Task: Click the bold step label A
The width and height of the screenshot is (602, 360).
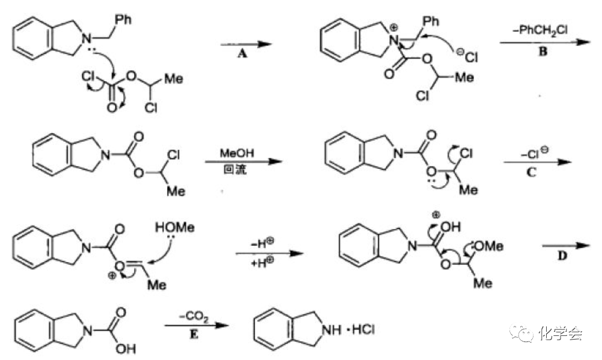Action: (243, 53)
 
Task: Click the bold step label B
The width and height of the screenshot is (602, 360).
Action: (543, 52)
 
